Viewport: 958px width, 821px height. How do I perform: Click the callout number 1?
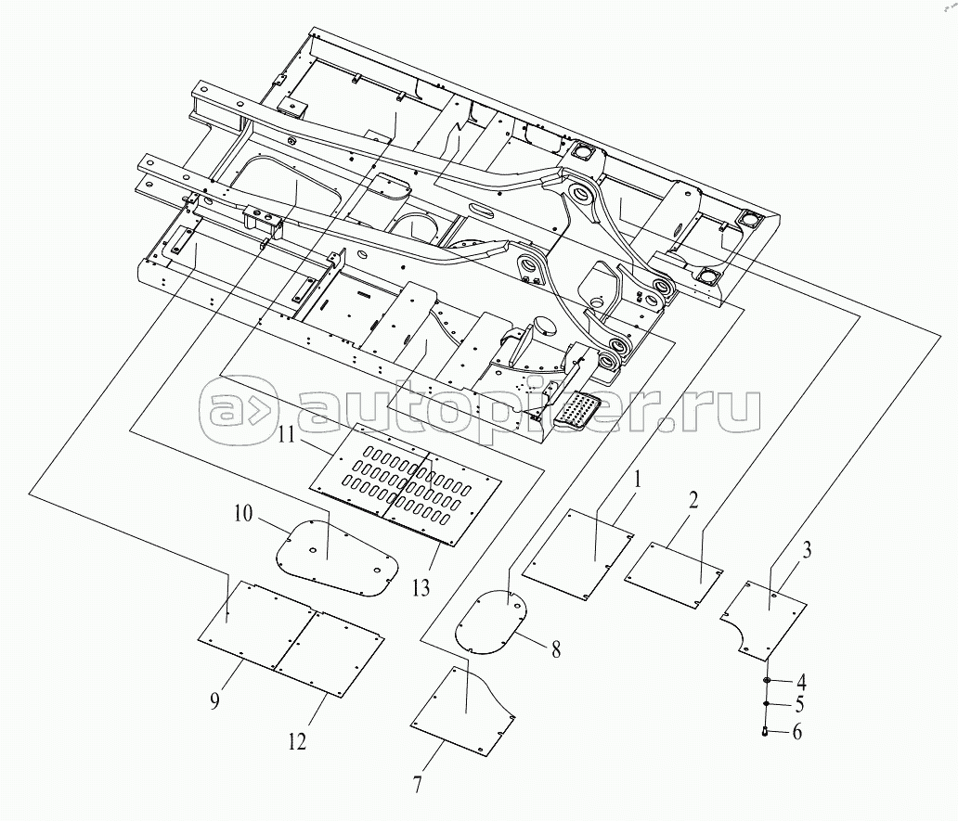click(637, 480)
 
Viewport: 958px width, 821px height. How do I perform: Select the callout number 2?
click(693, 503)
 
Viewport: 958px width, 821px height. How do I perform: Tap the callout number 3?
click(807, 551)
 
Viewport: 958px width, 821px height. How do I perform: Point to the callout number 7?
click(417, 784)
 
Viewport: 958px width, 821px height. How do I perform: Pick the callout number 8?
click(555, 649)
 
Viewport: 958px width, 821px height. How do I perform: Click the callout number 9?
click(214, 701)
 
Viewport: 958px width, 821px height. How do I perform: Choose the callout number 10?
click(242, 514)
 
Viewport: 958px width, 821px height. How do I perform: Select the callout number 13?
click(421, 587)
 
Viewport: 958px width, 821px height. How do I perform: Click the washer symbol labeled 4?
click(766, 681)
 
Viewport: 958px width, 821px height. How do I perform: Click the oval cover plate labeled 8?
click(492, 622)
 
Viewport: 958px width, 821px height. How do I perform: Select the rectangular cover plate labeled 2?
click(674, 575)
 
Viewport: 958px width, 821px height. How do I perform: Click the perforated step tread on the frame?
click(578, 411)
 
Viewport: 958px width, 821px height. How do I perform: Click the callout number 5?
click(798, 704)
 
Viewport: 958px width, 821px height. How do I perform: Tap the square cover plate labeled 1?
click(577, 554)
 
